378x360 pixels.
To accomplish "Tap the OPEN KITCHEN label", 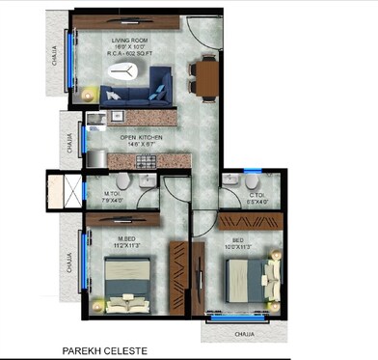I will [x=141, y=138].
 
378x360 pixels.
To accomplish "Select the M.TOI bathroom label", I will [x=114, y=194].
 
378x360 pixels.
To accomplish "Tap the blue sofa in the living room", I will [x=136, y=95].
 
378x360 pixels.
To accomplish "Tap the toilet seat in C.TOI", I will [x=252, y=181].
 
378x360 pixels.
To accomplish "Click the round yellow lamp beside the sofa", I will [x=90, y=94].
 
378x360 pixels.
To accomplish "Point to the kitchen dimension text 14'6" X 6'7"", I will [x=141, y=146].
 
